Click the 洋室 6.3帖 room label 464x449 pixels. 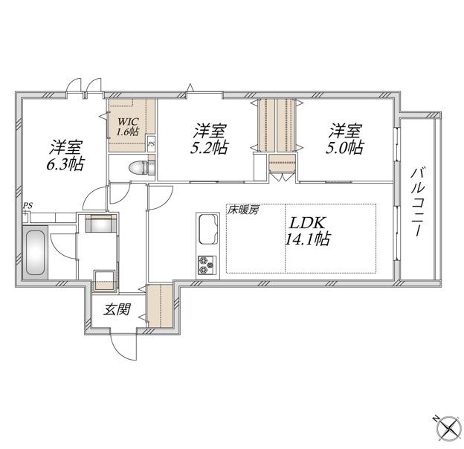click(66, 154)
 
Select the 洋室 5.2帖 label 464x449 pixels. click(207, 138)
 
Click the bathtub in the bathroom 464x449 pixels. click(36, 253)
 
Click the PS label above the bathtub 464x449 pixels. click(28, 205)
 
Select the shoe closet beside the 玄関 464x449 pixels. click(160, 306)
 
